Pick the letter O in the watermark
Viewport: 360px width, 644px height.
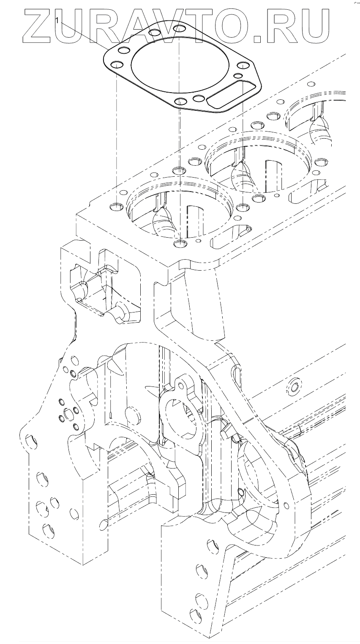click(237, 26)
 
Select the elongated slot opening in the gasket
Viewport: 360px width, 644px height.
click(231, 97)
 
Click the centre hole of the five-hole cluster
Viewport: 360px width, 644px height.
click(68, 412)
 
